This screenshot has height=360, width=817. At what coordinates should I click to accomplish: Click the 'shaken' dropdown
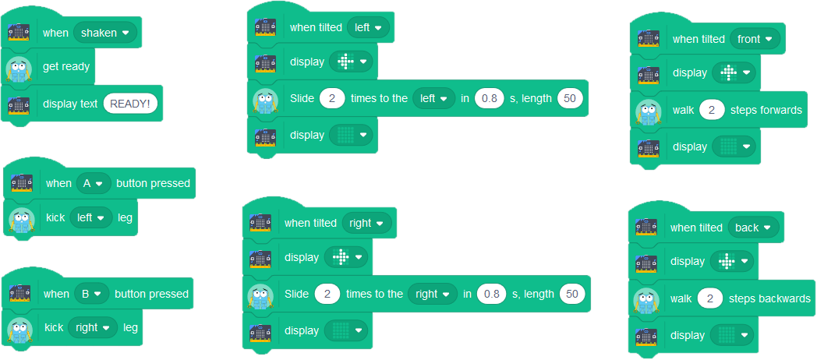point(104,33)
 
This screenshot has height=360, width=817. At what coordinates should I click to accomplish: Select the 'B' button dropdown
point(92,294)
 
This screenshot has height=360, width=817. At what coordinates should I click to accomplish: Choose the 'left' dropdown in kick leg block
point(91,217)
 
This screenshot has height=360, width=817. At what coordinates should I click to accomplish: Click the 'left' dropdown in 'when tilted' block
point(368,27)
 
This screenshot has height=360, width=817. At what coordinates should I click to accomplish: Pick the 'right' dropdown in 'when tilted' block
point(367,223)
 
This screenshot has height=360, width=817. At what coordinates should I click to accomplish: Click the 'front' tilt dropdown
point(755,39)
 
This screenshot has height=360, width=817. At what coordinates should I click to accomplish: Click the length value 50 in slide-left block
point(570,98)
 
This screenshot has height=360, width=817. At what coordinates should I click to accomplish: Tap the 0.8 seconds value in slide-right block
point(492,294)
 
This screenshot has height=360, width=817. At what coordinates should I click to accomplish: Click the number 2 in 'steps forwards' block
point(712,110)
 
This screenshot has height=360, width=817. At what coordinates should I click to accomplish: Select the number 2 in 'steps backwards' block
point(709,298)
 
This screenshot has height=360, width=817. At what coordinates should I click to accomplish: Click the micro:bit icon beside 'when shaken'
point(19,34)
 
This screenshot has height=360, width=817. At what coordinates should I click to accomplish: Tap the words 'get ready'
point(66,67)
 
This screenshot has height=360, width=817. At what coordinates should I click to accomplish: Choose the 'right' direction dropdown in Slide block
point(433,294)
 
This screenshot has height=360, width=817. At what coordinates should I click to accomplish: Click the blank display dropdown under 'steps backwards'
point(732,335)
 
